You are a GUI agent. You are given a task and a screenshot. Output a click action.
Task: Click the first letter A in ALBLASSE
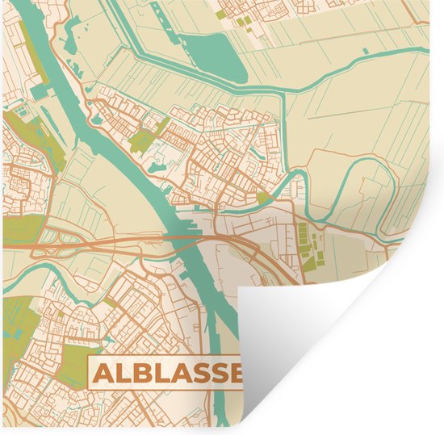pos(104,374)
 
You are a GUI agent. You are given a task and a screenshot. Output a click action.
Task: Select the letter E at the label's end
pos(235,374)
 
